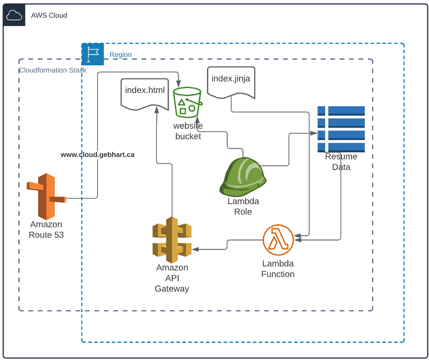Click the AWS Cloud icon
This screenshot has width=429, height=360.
coord(14,15)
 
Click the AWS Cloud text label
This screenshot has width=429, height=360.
coord(49,16)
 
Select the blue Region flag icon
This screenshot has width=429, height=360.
coord(92,54)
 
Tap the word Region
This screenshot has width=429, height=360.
coord(121,55)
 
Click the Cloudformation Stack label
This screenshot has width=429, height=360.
coord(53,70)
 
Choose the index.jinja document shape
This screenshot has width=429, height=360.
coord(231,81)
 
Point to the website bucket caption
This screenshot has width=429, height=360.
coord(188,131)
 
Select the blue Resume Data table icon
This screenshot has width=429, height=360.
coord(341,129)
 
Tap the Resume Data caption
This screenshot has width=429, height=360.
coord(341,162)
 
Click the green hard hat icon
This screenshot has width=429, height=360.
coord(243,176)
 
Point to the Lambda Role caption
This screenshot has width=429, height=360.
coord(243,207)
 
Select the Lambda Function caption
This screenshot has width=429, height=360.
coord(278,269)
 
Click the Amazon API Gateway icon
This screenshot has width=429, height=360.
coord(172,240)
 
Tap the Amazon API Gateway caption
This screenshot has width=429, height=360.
coord(172,278)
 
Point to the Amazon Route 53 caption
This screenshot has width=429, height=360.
coord(46,230)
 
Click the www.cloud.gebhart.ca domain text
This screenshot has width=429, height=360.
coord(97,155)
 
